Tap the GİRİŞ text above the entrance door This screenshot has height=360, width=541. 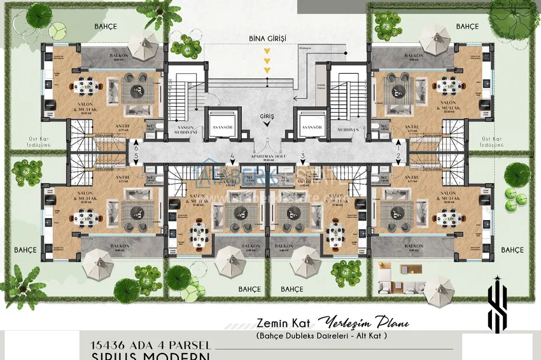(x=267, y=116)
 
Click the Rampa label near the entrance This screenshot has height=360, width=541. (x=307, y=46)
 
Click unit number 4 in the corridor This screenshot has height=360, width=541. (x=233, y=155)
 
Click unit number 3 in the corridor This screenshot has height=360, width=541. (x=303, y=155)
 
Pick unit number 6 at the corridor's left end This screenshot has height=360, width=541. (x=136, y=146)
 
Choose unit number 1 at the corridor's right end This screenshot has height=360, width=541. (x=398, y=145)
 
